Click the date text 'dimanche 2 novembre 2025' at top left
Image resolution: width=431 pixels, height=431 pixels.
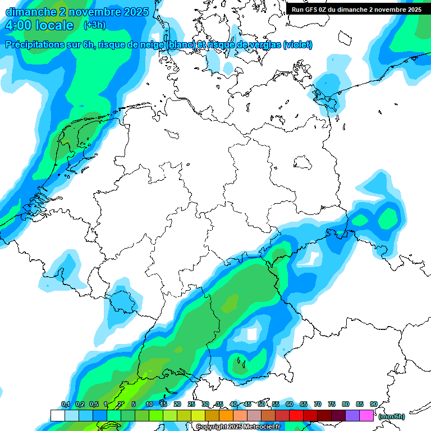pos(77,11)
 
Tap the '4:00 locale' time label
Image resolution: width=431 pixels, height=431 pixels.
pos(39,25)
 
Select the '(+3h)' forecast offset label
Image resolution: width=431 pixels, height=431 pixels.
pos(94,25)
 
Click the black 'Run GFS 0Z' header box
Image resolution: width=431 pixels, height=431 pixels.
pos(356,9)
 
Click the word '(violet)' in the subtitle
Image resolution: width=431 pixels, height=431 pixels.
pos(297,45)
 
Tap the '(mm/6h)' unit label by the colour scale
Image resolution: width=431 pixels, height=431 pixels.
pos(392,416)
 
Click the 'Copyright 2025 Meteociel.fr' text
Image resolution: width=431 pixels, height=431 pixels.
pos(238,427)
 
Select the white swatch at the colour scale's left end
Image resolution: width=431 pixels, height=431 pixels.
pos(57,415)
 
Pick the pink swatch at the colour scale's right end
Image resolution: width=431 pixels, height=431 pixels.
pos(366,415)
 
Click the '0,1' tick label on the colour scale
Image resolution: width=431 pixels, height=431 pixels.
pos(65,405)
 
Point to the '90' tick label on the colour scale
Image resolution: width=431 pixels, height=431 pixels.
pos(373,405)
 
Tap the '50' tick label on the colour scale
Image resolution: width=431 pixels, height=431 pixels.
pos(261,405)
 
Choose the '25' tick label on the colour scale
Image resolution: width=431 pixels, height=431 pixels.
pos(191,405)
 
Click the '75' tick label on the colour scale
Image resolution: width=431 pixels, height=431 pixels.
pos(331,405)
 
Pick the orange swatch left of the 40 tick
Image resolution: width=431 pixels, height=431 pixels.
pos(226,415)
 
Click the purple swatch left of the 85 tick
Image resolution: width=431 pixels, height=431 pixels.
pos(352,415)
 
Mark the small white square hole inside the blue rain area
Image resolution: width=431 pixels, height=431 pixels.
pos(252,334)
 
